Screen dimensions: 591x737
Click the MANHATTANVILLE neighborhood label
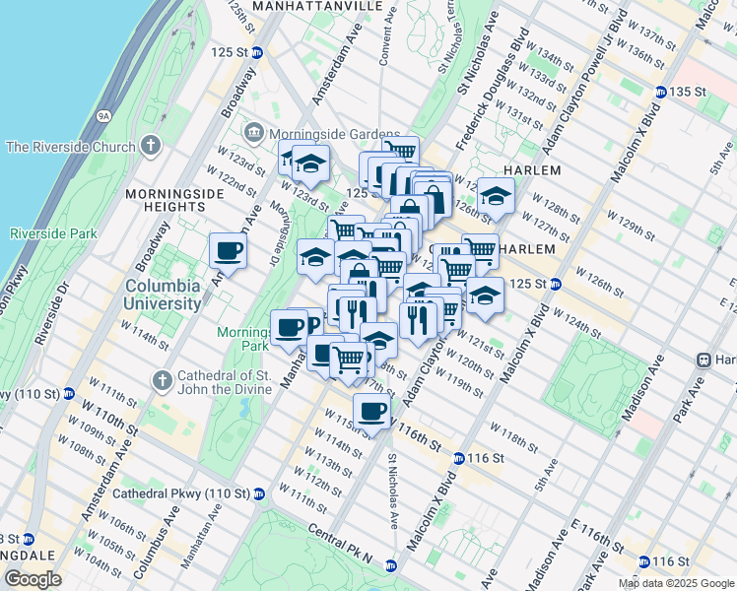point(316,6)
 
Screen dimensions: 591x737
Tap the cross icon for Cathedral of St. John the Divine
point(164,380)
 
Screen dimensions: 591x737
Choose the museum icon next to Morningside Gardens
point(254,132)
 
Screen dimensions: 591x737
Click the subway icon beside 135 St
point(657,91)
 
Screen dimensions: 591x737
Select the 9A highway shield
point(102,115)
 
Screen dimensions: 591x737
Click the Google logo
point(33,579)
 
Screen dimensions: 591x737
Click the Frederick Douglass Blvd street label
point(491,89)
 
